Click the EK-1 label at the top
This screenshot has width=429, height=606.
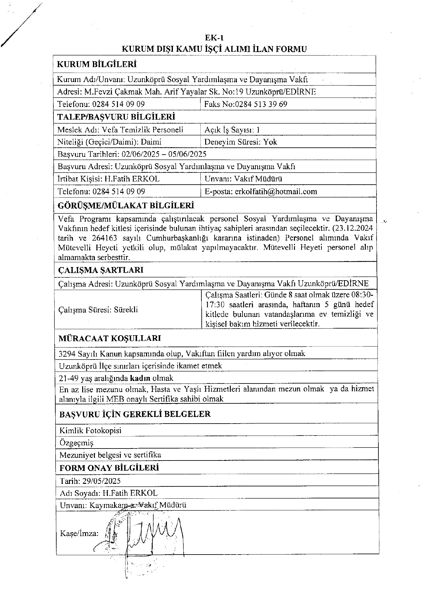coord(214,38)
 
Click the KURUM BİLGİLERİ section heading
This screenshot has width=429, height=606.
coord(96,65)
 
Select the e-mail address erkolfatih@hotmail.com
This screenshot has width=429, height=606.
coord(276,192)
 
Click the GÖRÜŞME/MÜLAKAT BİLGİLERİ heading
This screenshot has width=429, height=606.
coord(126,206)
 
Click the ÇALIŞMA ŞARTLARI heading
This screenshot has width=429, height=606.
coord(101,270)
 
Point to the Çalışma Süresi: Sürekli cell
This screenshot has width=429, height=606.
coord(98,310)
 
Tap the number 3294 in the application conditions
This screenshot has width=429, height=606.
coord(67,353)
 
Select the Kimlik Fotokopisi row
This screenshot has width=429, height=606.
coord(90,431)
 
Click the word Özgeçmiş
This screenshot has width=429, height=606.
coord(77,443)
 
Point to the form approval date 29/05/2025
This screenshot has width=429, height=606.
coord(101,481)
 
